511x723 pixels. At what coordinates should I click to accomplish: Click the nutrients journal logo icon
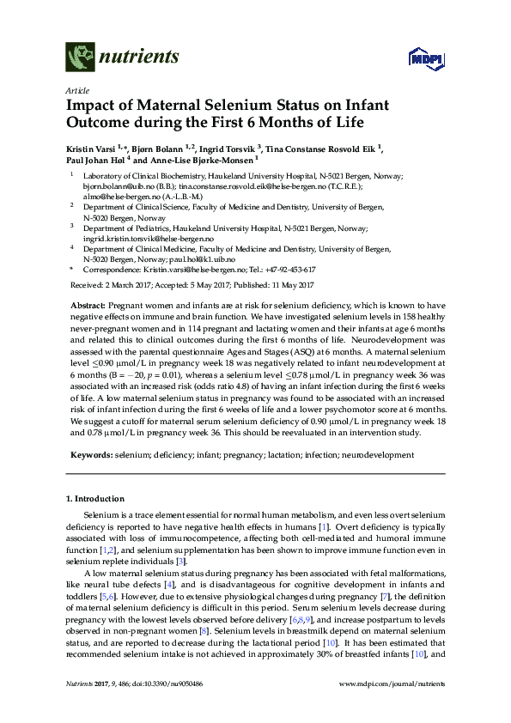tap(80, 58)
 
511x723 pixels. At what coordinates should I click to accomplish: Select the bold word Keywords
tap(90, 453)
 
